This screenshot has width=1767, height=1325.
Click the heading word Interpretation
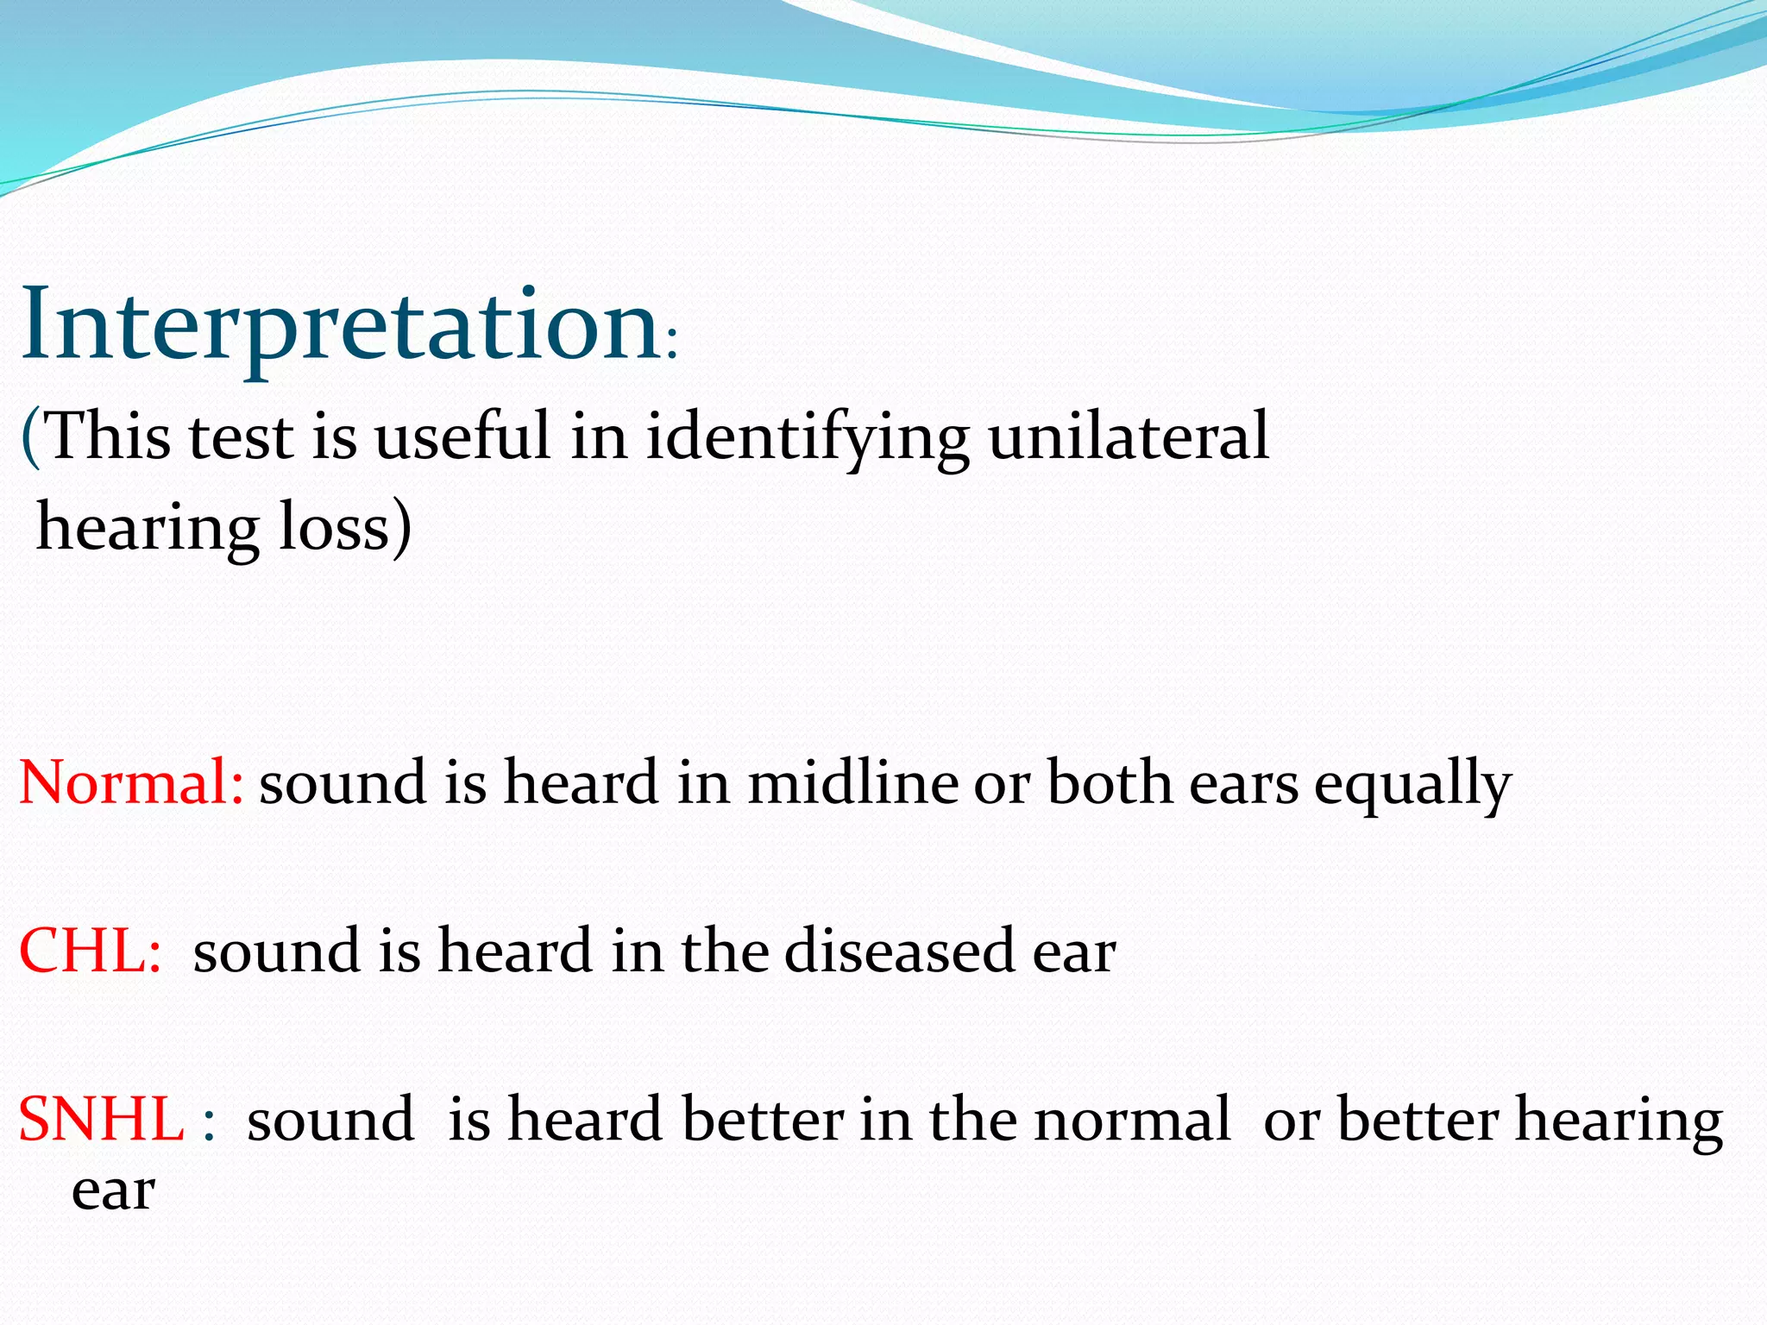341,326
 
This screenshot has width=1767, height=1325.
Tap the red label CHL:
90,951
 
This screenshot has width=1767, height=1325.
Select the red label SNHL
101,1119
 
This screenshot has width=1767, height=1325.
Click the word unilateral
1128,436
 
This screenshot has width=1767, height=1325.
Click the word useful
462,436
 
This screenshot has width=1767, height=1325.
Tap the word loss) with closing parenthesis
345,527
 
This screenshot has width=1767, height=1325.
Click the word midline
852,782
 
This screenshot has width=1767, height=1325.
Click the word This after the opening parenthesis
105,436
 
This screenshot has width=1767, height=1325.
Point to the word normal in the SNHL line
1132,1119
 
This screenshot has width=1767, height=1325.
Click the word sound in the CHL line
276,951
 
